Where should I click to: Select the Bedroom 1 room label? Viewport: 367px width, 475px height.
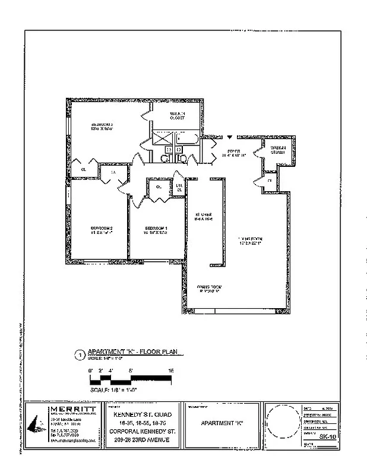156,230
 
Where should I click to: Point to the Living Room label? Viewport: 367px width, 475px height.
251,241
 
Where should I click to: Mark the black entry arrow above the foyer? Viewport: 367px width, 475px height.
229,136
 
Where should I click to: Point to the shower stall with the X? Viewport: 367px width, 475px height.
162,138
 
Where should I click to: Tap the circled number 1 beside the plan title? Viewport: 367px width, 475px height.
80,355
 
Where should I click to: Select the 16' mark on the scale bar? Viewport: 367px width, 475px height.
170,371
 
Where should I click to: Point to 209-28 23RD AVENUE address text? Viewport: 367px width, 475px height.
137,440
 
